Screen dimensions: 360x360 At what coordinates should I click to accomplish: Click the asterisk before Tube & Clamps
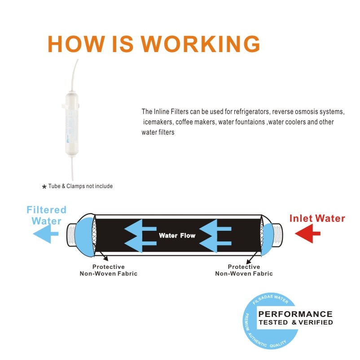point(44,187)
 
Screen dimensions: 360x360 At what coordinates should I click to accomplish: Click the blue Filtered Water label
point(46,215)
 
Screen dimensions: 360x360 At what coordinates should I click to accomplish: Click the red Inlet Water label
point(317,219)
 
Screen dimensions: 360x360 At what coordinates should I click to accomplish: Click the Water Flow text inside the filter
point(177,236)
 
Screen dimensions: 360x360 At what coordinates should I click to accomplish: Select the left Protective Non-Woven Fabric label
point(108,270)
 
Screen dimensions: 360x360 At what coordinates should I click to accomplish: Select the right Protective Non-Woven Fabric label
point(244,270)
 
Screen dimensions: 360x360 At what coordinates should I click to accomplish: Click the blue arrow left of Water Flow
point(140,235)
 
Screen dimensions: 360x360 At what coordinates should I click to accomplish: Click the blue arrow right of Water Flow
point(215,235)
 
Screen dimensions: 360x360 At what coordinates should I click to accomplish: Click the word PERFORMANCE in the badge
point(295,314)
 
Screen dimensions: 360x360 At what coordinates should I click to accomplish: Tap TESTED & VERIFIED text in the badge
point(295,322)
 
